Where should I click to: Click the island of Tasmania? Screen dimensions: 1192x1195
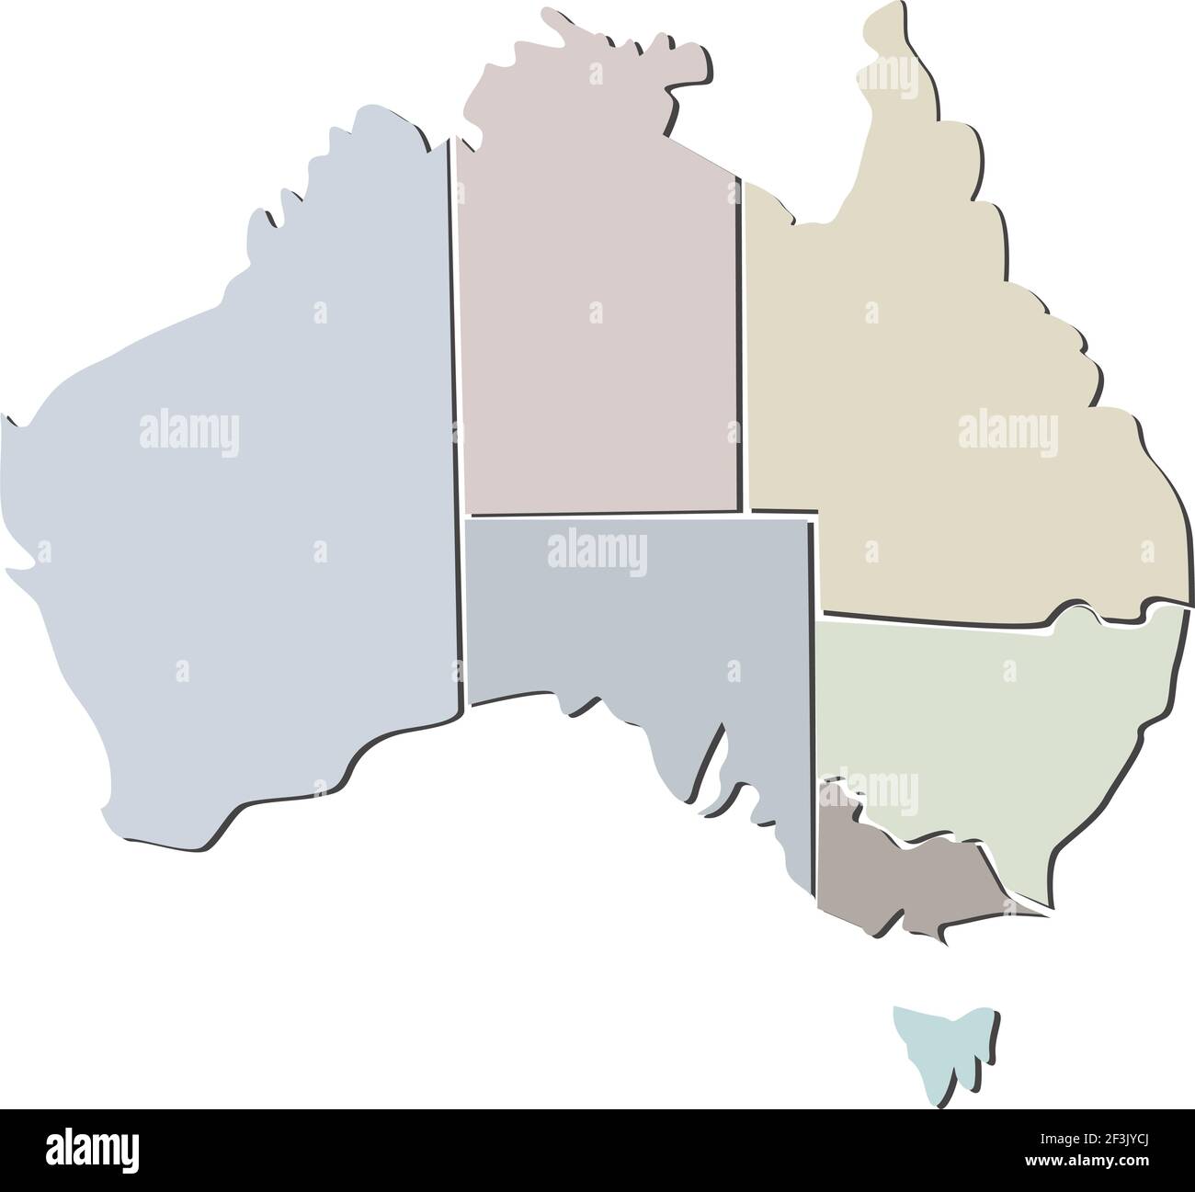coord(942,1048)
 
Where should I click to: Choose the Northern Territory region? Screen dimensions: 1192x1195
coord(597,312)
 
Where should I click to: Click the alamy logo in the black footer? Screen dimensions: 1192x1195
coord(92,1149)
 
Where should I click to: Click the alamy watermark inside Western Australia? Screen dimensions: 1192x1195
coord(189,430)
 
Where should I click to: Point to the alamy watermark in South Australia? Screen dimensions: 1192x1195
coord(597,554)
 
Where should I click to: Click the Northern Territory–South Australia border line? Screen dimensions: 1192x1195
coord(602,515)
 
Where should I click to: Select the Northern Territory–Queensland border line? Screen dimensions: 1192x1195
coord(741,349)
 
